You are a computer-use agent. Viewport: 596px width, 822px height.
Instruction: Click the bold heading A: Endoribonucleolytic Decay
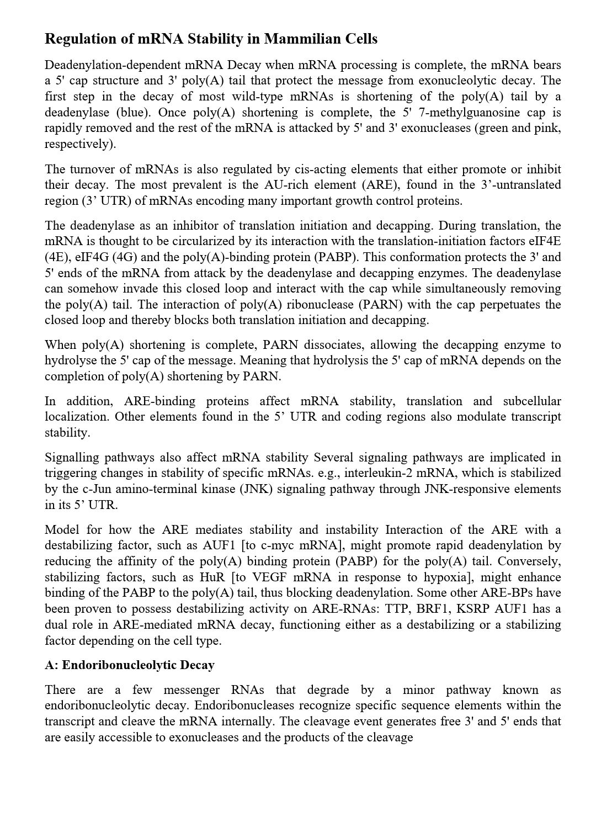(130, 665)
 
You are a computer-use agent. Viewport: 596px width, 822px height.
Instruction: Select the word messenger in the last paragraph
(191, 690)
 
